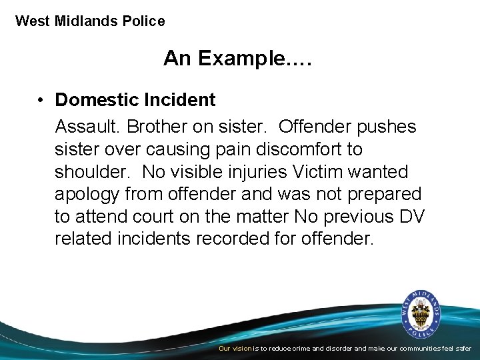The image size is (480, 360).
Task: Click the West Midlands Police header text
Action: [x=90, y=21]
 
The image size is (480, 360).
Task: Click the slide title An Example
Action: [x=238, y=59]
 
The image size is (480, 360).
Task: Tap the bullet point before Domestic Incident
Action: [x=41, y=100]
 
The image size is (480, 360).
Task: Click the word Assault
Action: [x=87, y=127]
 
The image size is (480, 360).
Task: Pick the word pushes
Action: [x=386, y=127]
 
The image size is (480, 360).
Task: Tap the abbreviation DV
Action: [x=413, y=217]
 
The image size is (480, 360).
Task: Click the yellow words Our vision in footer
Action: [x=235, y=349]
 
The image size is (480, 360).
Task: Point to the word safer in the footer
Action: [x=461, y=349]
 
